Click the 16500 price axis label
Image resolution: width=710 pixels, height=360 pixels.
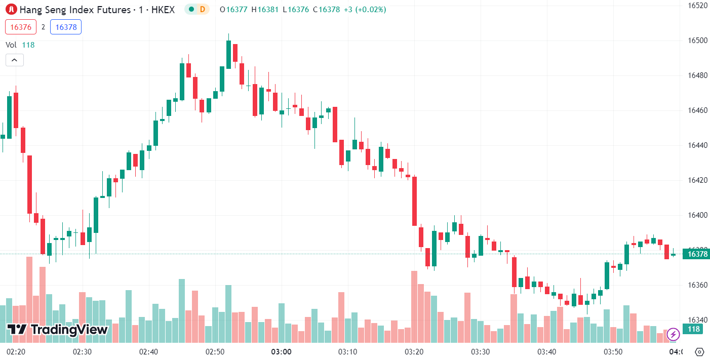coord(697,41)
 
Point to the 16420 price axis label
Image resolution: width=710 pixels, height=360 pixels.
coord(697,180)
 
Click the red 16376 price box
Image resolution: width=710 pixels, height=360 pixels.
coord(20,27)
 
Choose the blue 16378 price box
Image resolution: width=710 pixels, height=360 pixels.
coord(66,27)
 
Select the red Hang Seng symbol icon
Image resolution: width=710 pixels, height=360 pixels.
coord(11,9)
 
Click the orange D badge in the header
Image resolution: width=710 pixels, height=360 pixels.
coord(203,9)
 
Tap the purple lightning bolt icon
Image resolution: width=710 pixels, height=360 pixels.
coord(673,334)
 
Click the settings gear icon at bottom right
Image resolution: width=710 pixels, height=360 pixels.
coord(700,351)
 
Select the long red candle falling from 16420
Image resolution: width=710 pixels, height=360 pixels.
coord(414,201)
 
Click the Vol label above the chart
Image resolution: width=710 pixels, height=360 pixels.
coord(11,45)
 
